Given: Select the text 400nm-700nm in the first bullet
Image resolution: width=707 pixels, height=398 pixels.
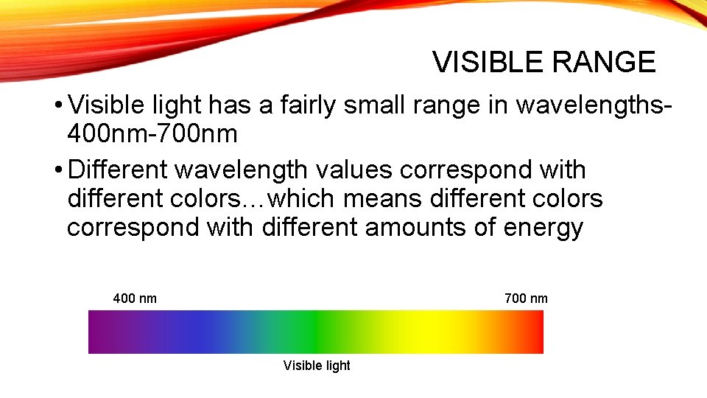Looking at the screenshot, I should click(x=152, y=134).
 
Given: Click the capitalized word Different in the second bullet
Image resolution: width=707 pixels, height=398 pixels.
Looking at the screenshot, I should click(x=120, y=170).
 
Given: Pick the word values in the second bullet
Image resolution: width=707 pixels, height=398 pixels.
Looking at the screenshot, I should click(x=352, y=170).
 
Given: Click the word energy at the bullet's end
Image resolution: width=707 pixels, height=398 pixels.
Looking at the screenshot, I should click(x=543, y=227).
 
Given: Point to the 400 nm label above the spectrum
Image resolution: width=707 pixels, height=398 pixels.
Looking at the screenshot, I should click(x=135, y=298).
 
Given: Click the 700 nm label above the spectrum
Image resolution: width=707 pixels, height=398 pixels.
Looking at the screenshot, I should click(x=526, y=298).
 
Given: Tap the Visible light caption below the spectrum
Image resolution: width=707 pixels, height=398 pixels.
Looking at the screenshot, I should click(x=317, y=366).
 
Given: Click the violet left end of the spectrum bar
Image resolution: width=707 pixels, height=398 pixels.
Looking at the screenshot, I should click(x=99, y=332).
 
